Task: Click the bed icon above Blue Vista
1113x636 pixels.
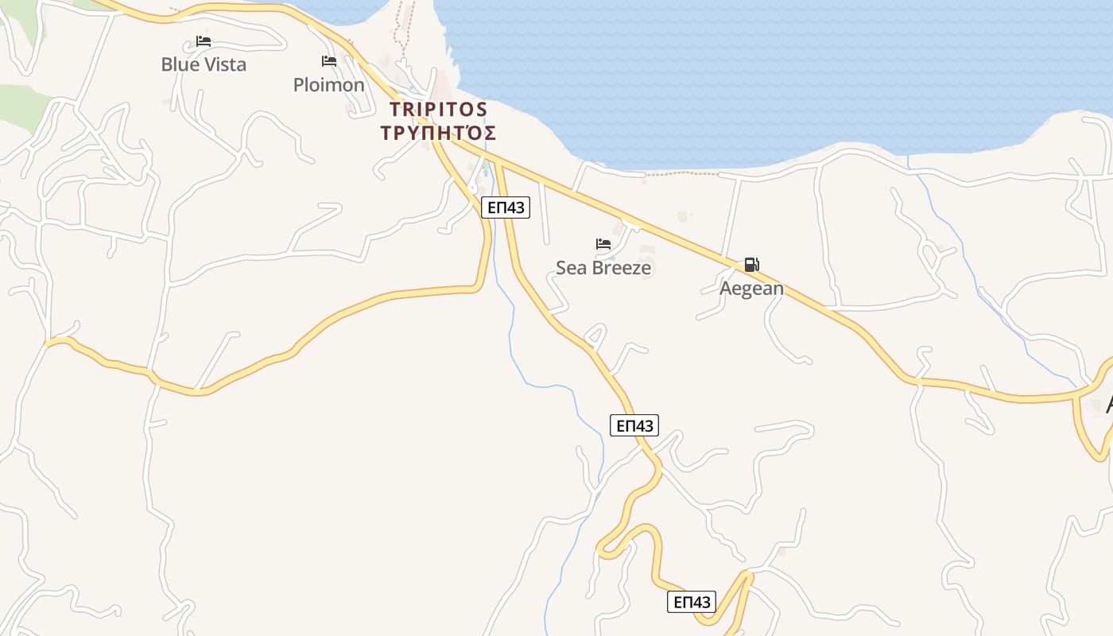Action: (x=204, y=41)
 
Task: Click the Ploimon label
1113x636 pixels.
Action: (x=328, y=85)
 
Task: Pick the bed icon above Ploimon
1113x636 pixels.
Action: (x=328, y=61)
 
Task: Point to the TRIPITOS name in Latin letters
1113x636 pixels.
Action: (x=438, y=109)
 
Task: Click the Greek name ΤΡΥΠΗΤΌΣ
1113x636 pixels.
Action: (x=438, y=133)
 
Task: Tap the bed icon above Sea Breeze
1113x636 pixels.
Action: (x=603, y=244)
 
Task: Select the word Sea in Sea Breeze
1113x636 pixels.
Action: (x=571, y=268)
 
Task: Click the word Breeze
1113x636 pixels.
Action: (x=620, y=268)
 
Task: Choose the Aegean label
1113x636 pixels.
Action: (x=751, y=289)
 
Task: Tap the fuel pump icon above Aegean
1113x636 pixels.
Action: (x=751, y=265)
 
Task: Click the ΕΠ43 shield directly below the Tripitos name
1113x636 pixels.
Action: (x=505, y=207)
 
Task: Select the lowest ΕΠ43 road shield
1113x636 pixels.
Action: (x=691, y=602)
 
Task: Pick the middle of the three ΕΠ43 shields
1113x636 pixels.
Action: (x=635, y=425)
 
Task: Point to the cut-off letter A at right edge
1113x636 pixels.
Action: (x=1108, y=404)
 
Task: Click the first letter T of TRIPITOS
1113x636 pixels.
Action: (x=396, y=109)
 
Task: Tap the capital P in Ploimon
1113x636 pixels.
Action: (x=300, y=85)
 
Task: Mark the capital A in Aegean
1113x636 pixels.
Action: (x=726, y=289)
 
